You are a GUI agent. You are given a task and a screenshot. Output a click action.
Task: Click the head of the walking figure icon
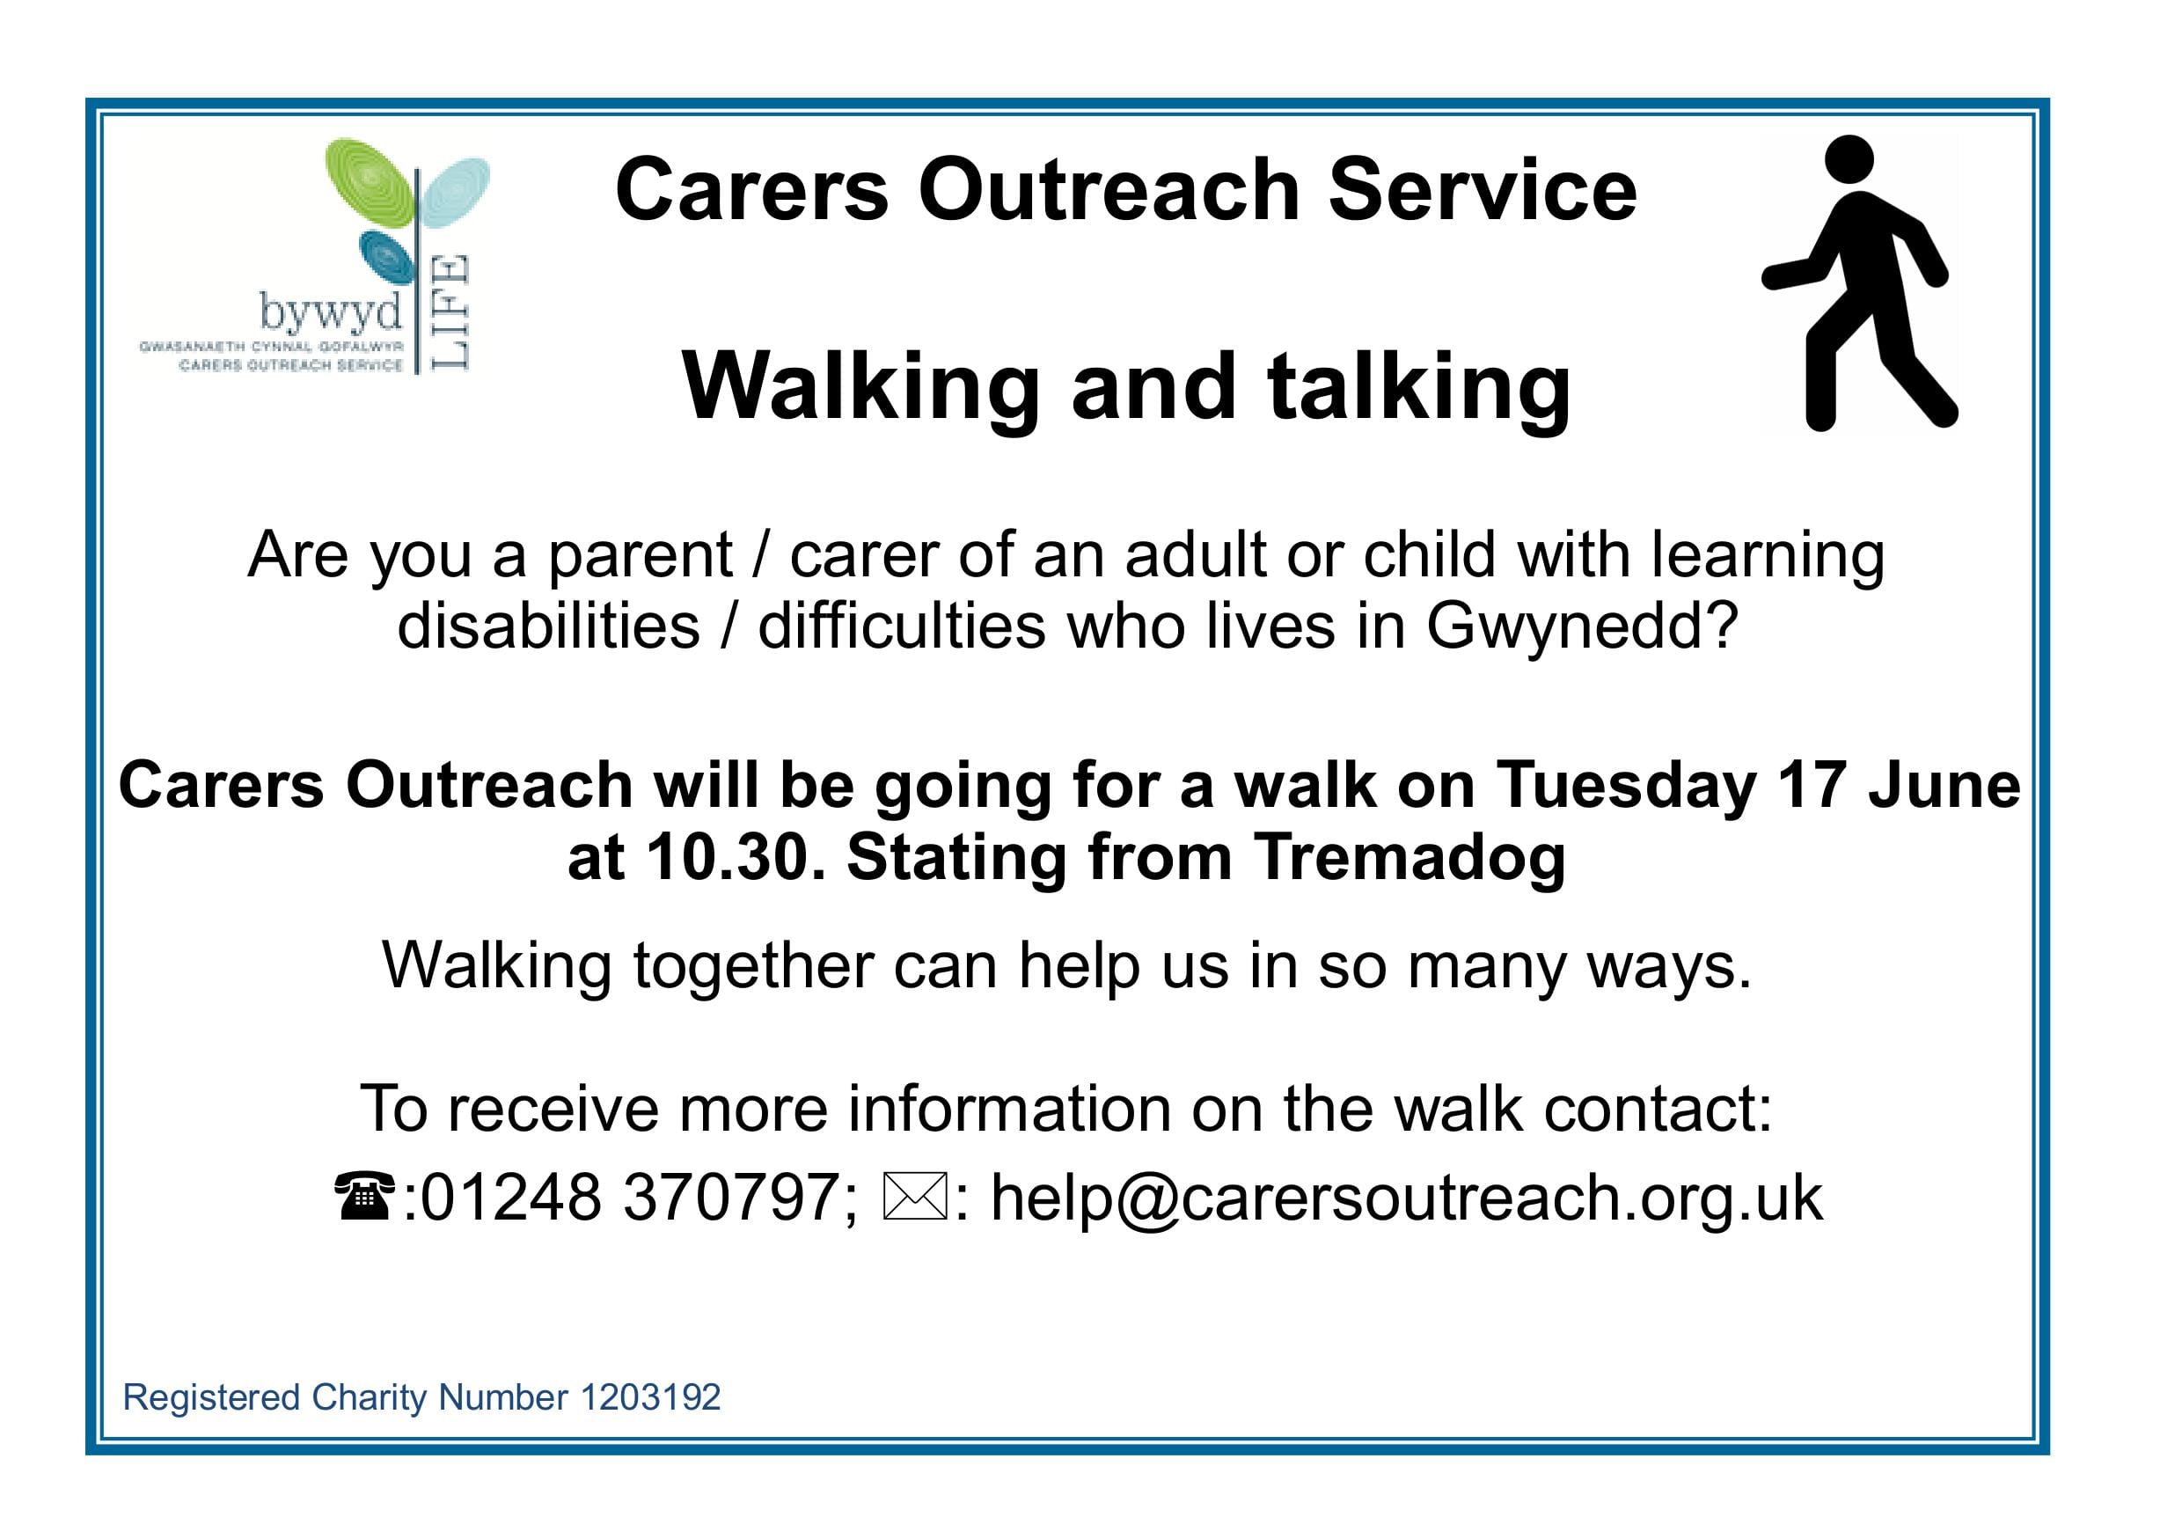[x=1849, y=158]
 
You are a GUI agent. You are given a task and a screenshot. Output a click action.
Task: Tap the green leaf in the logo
[x=370, y=186]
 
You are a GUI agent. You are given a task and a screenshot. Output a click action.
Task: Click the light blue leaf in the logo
[x=455, y=193]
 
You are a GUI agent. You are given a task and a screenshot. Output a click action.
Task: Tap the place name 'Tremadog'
[x=1409, y=859]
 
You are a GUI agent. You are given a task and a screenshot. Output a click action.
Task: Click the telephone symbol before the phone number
[x=365, y=1196]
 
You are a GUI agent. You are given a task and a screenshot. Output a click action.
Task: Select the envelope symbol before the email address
[x=915, y=1197]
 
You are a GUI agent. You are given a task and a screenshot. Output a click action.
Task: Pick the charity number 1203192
[x=650, y=1397]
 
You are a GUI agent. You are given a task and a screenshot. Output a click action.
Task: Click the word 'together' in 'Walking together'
[x=752, y=966]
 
